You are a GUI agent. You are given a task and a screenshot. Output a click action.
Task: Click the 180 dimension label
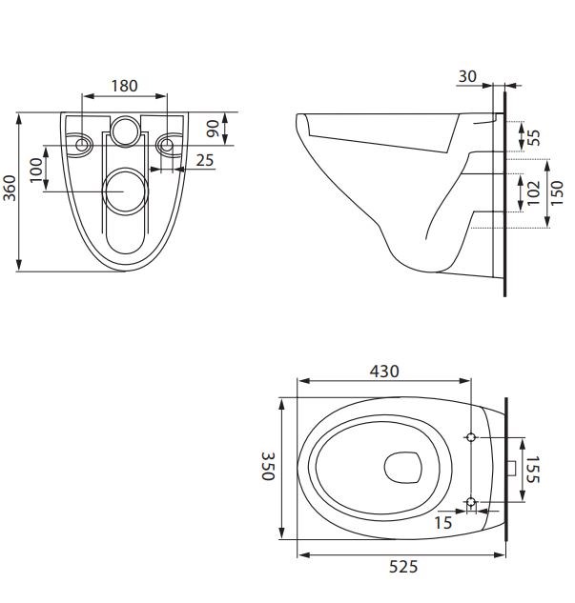click(x=124, y=86)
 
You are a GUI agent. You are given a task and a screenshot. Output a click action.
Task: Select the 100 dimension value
click(x=35, y=171)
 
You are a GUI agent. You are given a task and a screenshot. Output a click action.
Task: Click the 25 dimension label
click(x=205, y=160)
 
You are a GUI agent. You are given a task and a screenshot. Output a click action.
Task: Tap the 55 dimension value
click(x=534, y=136)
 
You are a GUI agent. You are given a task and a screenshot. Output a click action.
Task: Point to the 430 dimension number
click(x=384, y=371)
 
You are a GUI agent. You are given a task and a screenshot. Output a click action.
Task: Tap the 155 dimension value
click(x=533, y=469)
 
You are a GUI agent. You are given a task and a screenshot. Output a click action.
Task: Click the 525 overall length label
click(x=403, y=567)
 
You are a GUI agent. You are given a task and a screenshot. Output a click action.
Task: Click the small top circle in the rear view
click(x=124, y=131)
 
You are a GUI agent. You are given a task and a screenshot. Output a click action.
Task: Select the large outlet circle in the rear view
click(x=124, y=191)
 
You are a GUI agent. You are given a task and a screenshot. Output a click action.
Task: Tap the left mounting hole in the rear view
click(x=82, y=145)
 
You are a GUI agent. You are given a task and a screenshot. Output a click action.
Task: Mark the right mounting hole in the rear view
click(x=167, y=145)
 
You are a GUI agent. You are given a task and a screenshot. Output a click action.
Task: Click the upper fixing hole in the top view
click(x=471, y=437)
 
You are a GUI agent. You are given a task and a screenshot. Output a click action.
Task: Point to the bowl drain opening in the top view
click(x=403, y=468)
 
